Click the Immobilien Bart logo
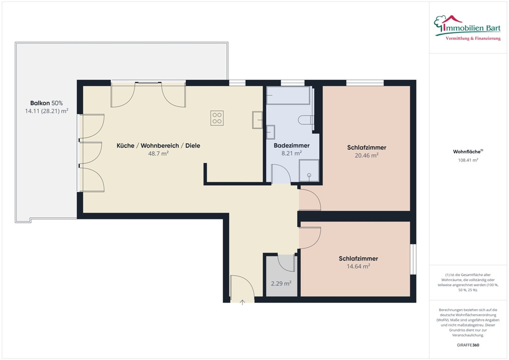pos(467,28)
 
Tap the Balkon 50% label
pos(46,103)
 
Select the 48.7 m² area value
pos(158,153)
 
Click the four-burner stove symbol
pos(217,118)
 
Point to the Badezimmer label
pos(292,146)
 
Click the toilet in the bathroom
pos(306,120)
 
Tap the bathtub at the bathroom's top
pos(288,95)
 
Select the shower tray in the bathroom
pos(308,170)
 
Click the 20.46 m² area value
pos(367,155)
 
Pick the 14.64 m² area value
pos(358,266)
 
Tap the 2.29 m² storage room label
pos(281,283)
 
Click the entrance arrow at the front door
pos(242,302)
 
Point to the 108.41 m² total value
pos(468,160)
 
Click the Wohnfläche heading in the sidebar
pos(468,152)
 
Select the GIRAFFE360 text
pos(468,345)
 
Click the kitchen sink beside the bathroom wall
pos(258,120)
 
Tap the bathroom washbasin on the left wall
pos(271,132)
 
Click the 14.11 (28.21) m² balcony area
pos(46,111)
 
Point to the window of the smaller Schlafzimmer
pos(413,259)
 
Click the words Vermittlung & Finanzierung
pos(473,39)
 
